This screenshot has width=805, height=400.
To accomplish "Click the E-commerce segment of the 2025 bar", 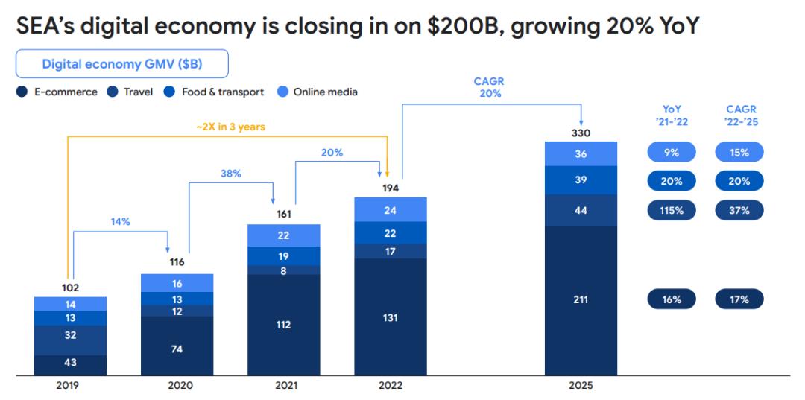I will [581, 300].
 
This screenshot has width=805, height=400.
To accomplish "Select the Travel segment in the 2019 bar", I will [70, 335].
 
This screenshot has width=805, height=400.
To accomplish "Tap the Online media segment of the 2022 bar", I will [390, 210].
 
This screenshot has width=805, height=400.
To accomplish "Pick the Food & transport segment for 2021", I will [283, 255].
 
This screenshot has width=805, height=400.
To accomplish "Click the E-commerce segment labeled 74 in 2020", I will [177, 349].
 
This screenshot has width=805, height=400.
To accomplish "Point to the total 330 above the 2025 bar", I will [581, 133].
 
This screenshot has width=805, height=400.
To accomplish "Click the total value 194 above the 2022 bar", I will [390, 188].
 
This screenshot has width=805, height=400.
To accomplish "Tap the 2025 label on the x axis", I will [581, 385].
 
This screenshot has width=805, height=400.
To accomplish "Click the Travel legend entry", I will [131, 92].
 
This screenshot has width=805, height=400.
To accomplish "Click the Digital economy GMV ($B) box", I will [121, 64].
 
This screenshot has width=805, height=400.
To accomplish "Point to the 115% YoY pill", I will [671, 210].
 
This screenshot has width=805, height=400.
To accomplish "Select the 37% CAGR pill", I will [739, 210].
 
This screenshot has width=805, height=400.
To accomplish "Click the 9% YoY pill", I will [671, 152].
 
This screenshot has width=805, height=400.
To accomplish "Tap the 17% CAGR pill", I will [739, 299].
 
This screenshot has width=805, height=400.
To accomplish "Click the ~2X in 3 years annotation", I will [230, 127].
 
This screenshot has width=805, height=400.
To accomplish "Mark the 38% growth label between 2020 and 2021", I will [230, 173].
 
